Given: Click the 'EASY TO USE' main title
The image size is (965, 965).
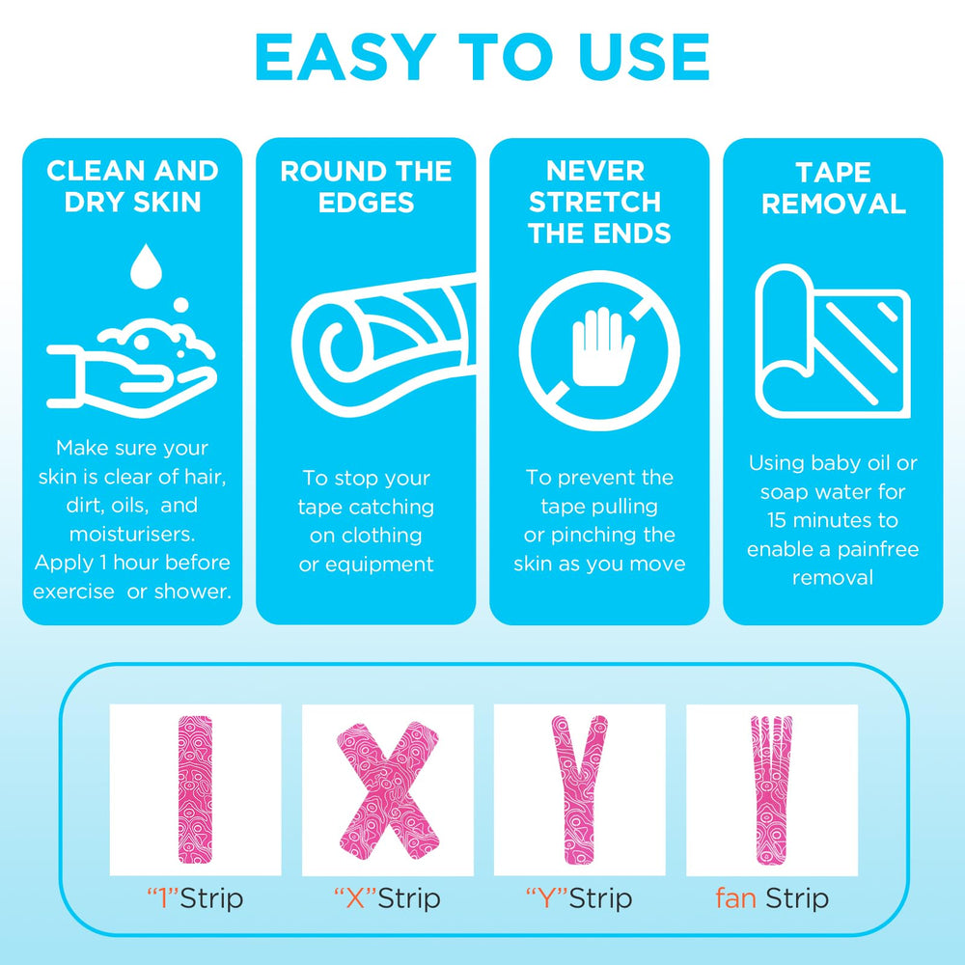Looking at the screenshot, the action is click(x=482, y=57).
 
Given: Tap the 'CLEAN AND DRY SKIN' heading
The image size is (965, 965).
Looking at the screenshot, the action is click(x=132, y=186).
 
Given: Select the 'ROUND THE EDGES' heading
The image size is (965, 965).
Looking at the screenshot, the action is click(x=366, y=186).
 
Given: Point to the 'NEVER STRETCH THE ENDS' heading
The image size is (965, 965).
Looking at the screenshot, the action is click(x=599, y=202).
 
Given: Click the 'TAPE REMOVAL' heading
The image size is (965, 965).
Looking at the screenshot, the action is click(x=833, y=188).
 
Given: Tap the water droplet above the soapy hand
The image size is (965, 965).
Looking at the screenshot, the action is click(x=146, y=266).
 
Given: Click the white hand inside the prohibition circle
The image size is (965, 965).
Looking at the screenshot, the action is click(x=602, y=347).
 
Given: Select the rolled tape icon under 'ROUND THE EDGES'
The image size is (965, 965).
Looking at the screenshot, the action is click(x=383, y=345).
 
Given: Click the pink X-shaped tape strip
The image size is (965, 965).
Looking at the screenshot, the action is click(x=388, y=790).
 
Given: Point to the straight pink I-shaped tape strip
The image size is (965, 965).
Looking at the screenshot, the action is click(x=195, y=789).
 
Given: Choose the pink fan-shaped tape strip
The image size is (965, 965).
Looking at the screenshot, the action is click(x=771, y=790).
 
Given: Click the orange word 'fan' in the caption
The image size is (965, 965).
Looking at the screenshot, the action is click(x=735, y=897).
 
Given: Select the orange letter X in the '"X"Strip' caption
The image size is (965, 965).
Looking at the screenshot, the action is click(x=356, y=898).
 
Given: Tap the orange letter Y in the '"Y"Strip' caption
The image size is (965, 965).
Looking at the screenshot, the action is click(x=548, y=898).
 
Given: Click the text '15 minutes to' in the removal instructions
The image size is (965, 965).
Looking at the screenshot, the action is click(x=833, y=521).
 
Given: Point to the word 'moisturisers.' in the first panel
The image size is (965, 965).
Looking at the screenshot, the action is click(x=132, y=534).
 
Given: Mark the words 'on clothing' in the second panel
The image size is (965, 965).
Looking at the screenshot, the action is click(x=366, y=536).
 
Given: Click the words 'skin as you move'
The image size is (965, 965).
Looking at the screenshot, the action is click(x=599, y=564).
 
